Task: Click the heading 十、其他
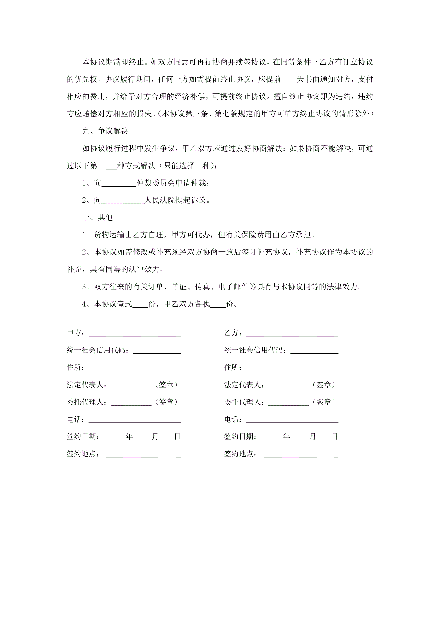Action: coord(97,217)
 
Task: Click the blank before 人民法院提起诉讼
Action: coord(123,201)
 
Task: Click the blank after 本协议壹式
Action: coord(140,304)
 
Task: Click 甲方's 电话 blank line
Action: coord(135,420)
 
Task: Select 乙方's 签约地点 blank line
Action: coord(299,454)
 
